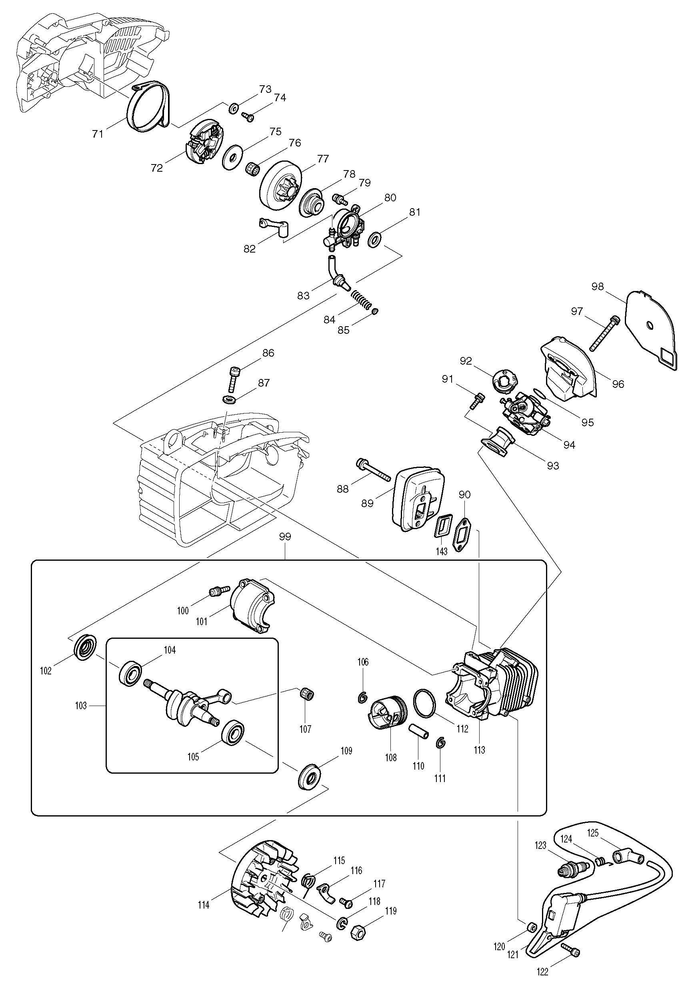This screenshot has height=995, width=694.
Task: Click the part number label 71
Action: (98, 134)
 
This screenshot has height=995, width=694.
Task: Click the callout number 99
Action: (285, 536)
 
